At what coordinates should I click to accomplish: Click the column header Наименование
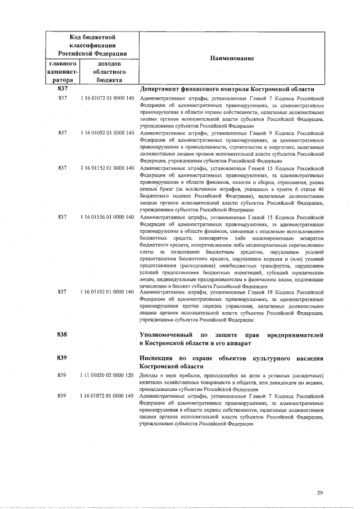(233, 58)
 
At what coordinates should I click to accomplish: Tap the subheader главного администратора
(62, 72)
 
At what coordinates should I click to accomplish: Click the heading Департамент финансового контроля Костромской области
(226, 89)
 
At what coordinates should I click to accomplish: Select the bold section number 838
(62, 335)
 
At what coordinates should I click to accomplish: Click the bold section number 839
(62, 358)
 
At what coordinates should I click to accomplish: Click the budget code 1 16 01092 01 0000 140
(107, 133)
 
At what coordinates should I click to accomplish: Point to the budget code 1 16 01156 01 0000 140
(107, 217)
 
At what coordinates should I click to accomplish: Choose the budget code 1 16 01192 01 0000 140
(107, 292)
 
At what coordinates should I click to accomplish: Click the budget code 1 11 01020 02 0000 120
(107, 375)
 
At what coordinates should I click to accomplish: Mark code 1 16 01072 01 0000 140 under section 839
(107, 397)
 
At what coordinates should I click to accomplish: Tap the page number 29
(319, 493)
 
